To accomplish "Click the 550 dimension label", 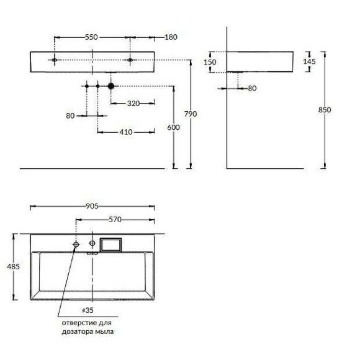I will pyautogui.click(x=91, y=37).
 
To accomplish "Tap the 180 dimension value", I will pyautogui.click(x=170, y=37).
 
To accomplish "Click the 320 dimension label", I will pyautogui.click(x=133, y=103).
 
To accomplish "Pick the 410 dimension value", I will pyautogui.click(x=126, y=132).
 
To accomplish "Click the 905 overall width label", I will pyautogui.click(x=92, y=206).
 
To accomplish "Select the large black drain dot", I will pyautogui.click(x=110, y=86).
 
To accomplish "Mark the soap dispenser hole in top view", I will pyautogui.click(x=76, y=245).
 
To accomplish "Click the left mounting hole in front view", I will pyautogui.click(x=55, y=60).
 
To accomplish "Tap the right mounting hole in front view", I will pyautogui.click(x=131, y=60).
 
